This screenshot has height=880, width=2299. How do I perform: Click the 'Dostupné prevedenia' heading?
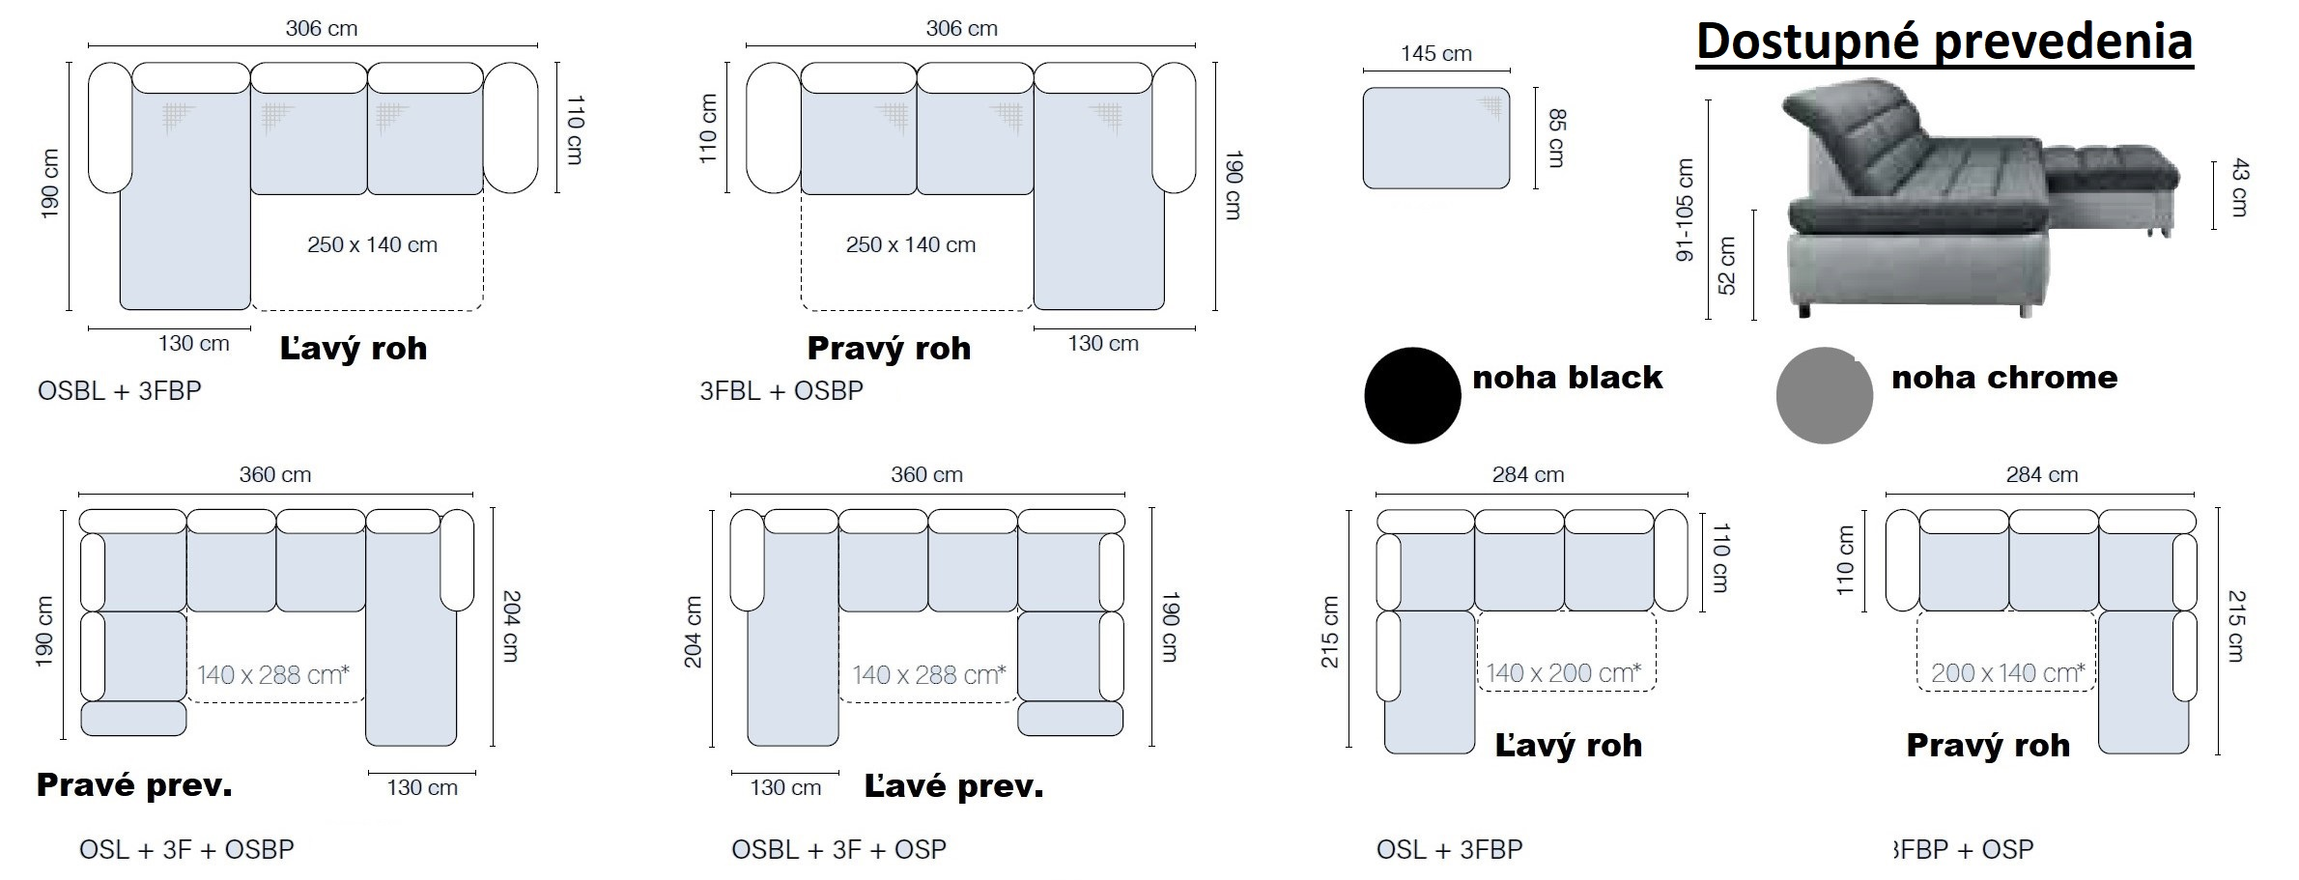pos(1944,43)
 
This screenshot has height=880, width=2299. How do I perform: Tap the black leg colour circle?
pos(1412,395)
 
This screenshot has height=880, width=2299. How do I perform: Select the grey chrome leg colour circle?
pos(1824,395)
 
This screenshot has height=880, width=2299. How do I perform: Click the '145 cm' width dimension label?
pos(1436,54)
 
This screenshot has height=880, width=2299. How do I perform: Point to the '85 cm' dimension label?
pos(1555,138)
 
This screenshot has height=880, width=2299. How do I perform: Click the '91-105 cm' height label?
pos(1686,211)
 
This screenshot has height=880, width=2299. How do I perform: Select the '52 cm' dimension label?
pos(1728,265)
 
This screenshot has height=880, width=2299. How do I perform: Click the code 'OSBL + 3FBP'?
pos(120,391)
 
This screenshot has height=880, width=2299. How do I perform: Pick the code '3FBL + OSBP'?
pos(781,391)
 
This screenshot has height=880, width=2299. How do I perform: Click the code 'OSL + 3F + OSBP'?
pos(186,849)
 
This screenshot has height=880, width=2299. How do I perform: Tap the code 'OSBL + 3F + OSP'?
pos(838,849)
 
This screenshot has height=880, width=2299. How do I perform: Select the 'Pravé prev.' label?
pos(134,786)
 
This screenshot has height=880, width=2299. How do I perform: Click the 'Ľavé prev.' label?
pos(953,787)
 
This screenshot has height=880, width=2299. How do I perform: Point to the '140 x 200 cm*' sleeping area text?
pos(1563,673)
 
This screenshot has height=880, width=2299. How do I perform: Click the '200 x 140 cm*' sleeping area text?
pos(2007,673)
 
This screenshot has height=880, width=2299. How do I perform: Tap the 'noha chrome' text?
pos(2004,378)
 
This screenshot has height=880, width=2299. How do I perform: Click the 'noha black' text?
pos(1567,378)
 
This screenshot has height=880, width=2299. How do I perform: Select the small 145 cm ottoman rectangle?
pos(1436,138)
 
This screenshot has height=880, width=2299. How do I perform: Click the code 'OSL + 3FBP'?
pos(1449,849)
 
